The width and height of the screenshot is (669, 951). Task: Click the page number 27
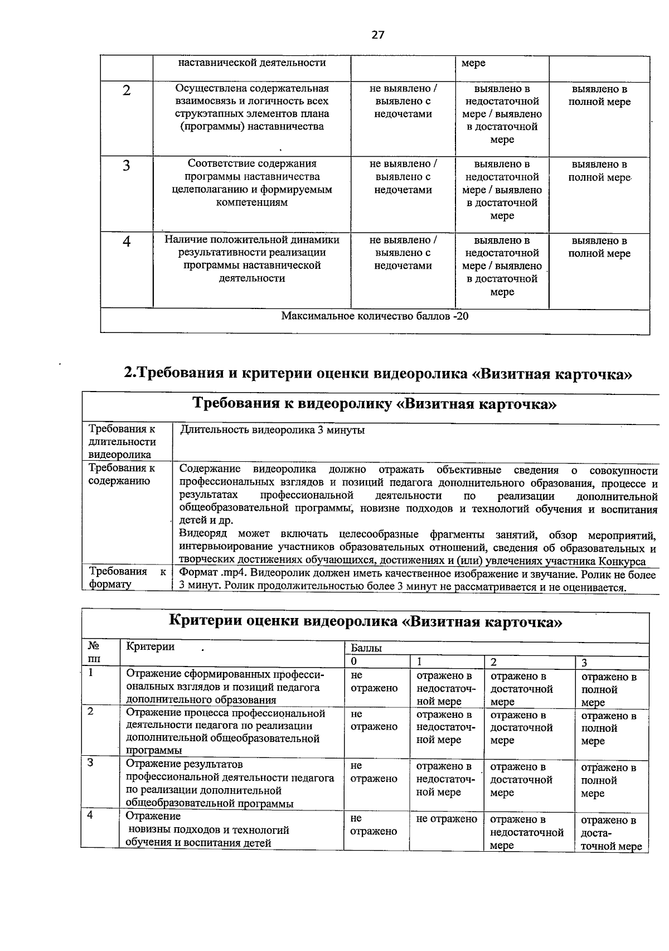378,35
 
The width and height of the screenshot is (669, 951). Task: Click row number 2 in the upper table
127,90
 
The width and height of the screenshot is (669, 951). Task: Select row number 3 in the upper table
127,166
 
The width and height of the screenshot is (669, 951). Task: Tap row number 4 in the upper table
127,242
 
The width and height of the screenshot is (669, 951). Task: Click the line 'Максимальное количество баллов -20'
375,316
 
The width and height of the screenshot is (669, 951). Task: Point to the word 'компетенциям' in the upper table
252,202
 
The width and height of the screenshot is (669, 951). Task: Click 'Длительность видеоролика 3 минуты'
273,430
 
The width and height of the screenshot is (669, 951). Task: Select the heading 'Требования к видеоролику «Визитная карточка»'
374,404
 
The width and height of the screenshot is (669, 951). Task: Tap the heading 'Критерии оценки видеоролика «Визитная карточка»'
365,621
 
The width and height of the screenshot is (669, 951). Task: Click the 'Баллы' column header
366,648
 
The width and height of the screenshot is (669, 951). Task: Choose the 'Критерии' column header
151,646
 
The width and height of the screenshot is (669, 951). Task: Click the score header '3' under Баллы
584,663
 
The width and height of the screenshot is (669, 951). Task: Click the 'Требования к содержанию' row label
122,475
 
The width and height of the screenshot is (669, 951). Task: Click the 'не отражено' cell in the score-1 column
447,819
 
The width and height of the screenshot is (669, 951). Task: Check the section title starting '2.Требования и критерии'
378,373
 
